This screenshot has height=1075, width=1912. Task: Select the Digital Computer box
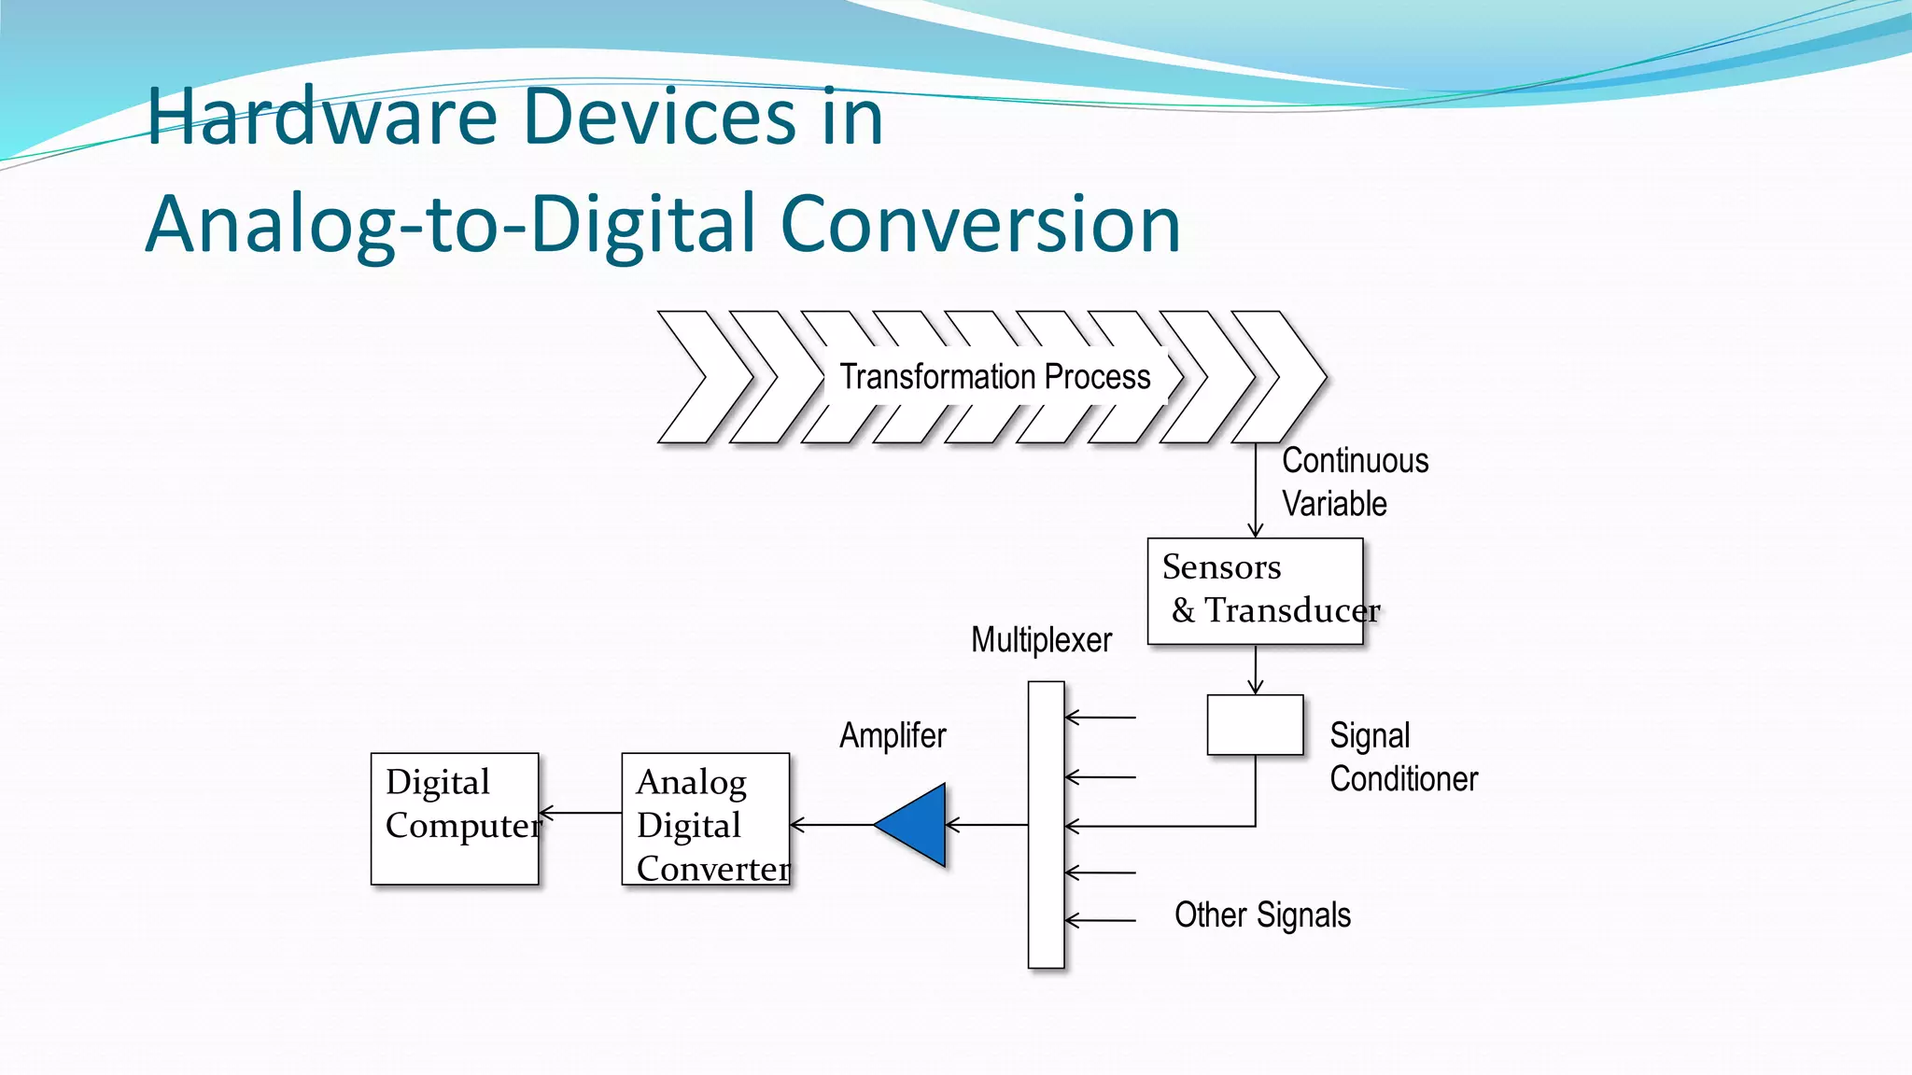[455, 818]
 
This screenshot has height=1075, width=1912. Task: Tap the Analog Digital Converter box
[706, 818]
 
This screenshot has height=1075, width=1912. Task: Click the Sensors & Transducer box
[1255, 591]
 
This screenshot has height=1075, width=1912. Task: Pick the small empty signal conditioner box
[1255, 725]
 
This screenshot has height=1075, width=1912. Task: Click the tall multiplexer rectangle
[1046, 825]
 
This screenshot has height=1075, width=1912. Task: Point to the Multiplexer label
[1041, 640]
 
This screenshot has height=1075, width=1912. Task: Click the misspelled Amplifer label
[893, 735]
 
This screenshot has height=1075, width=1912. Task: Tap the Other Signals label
[1262, 915]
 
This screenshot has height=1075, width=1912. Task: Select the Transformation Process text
[995, 377]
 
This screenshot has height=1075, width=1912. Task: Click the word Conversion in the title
[980, 224]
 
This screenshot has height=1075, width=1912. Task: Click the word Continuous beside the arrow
[1355, 461]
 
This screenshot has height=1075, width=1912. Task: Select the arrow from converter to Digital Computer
[581, 813]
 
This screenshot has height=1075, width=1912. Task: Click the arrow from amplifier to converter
[831, 825]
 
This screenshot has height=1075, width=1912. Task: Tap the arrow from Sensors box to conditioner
[1256, 669]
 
